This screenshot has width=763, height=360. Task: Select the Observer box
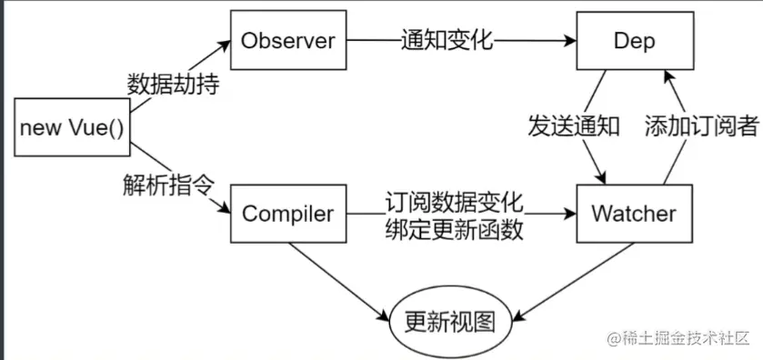click(x=287, y=40)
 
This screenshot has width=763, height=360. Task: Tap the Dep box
click(x=634, y=40)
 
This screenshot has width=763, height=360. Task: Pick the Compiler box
click(x=287, y=215)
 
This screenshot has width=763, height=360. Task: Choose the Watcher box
click(x=634, y=215)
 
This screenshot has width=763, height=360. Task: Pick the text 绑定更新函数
click(x=455, y=229)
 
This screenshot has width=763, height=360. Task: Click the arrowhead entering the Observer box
click(x=225, y=42)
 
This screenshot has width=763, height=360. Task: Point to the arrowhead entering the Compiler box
click(x=225, y=212)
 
